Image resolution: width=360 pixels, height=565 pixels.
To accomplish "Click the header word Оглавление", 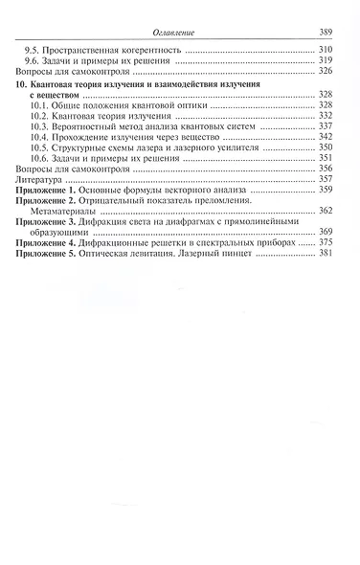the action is click(179, 31).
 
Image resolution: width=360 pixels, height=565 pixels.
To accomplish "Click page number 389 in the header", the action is click(326, 31).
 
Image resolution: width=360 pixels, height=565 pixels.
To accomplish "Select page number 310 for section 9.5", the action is click(326, 49).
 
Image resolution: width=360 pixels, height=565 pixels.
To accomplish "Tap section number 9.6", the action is click(32, 60).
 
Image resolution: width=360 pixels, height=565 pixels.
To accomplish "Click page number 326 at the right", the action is click(326, 72).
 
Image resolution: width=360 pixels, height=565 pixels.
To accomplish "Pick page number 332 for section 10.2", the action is click(326, 116).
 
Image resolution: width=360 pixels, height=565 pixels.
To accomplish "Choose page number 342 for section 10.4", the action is click(326, 139).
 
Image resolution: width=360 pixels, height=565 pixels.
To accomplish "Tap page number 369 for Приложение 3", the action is click(326, 233).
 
